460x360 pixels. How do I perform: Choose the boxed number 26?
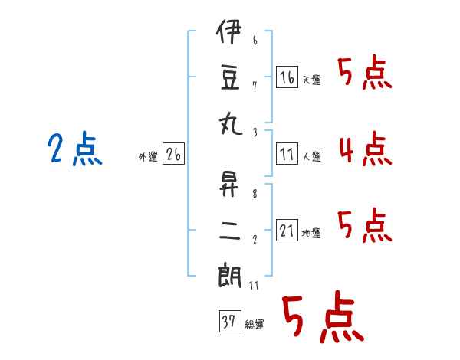(173, 155)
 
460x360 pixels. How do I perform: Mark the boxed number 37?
(228, 322)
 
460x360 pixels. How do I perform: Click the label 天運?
(311, 80)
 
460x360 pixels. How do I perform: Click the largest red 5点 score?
(322, 318)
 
